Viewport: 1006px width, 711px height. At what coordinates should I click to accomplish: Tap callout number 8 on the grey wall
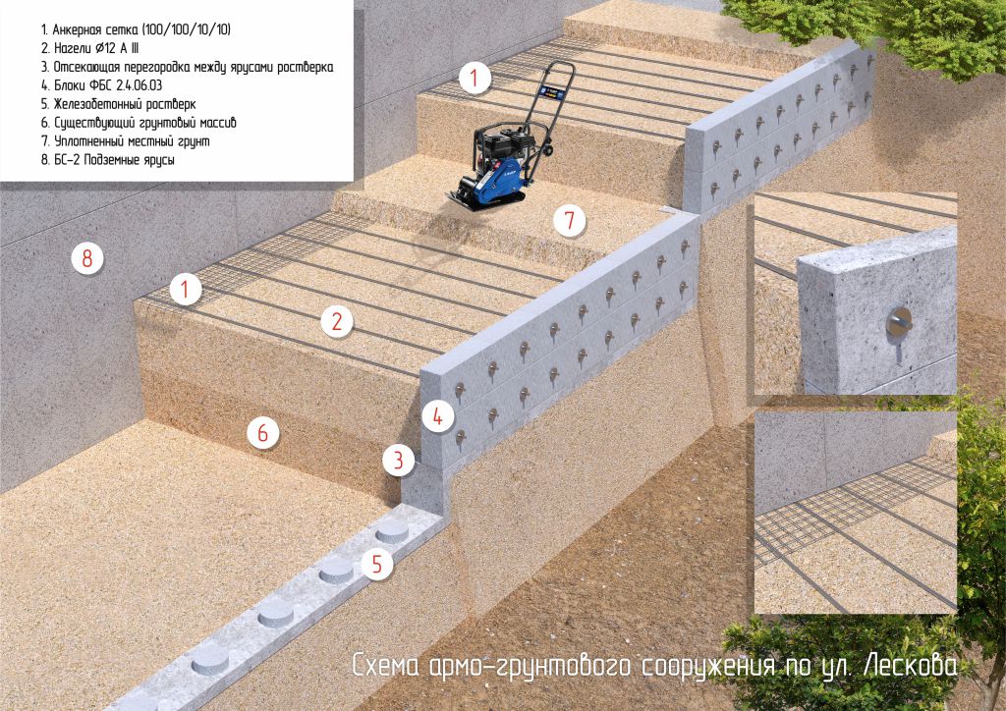pos(87,258)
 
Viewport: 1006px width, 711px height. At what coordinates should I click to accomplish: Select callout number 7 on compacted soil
pos(569,221)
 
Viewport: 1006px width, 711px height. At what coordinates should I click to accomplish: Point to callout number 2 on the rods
pos(337,321)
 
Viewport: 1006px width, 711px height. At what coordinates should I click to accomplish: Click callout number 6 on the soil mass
pos(263,433)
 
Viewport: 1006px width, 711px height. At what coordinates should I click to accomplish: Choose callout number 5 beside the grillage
pos(376,564)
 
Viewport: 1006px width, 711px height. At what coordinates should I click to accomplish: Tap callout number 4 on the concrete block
pos(437,417)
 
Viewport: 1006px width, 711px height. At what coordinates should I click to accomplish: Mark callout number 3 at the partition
pos(399,460)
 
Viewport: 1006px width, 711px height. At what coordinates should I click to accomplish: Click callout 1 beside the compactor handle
pos(475,79)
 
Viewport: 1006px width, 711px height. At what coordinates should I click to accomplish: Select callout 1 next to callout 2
pos(186,290)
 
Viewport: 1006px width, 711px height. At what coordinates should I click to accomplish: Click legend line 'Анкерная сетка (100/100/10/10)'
pos(136,29)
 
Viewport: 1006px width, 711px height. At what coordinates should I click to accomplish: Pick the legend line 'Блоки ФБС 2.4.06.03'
pos(101,85)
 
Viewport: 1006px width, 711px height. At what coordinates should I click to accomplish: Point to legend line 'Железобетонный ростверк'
pos(118,104)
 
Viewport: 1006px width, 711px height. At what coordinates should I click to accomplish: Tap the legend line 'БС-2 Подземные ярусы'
pos(108,160)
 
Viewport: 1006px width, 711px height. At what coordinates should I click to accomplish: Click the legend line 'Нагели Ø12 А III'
pos(89,48)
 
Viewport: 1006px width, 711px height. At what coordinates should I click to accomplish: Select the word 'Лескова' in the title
pos(910,666)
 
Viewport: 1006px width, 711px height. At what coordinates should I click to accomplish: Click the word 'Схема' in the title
pos(386,666)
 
